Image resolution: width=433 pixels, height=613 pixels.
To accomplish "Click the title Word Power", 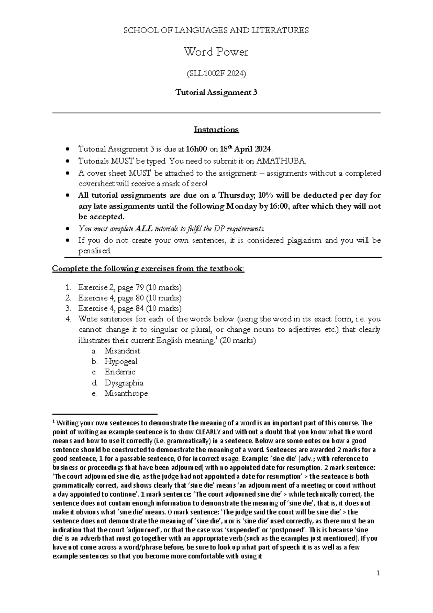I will [216, 52].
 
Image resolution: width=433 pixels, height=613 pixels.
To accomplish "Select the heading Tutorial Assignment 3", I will [216, 92].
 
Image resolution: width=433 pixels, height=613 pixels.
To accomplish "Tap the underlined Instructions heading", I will [216, 129].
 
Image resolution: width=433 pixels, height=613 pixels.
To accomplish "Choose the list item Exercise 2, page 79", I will [130, 288].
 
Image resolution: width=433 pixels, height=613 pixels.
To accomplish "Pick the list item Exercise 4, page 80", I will [130, 298].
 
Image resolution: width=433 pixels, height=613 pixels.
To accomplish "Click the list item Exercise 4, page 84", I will [130, 309].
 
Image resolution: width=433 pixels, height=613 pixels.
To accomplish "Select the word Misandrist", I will [122, 351].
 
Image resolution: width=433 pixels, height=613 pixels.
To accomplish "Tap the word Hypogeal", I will [121, 361].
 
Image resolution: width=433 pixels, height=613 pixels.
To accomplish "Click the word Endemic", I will [120, 372].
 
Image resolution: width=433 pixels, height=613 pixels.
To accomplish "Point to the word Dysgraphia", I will [124, 383].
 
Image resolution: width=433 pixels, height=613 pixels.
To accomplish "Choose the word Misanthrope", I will [126, 394].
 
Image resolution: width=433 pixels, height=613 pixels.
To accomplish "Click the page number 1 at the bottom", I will [378, 573].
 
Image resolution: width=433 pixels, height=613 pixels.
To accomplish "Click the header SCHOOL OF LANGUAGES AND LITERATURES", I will [216, 30].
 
